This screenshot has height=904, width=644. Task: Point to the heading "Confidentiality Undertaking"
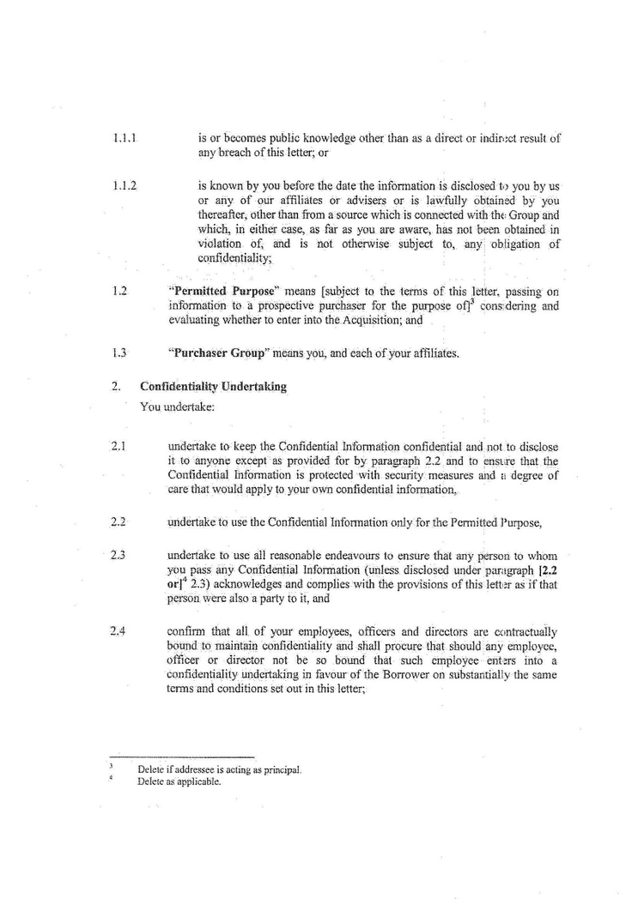pyautogui.click(x=213, y=387)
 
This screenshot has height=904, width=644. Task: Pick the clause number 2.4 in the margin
pyautogui.click(x=118, y=632)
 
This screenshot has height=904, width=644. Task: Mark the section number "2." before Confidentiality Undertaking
pyautogui.click(x=115, y=387)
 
